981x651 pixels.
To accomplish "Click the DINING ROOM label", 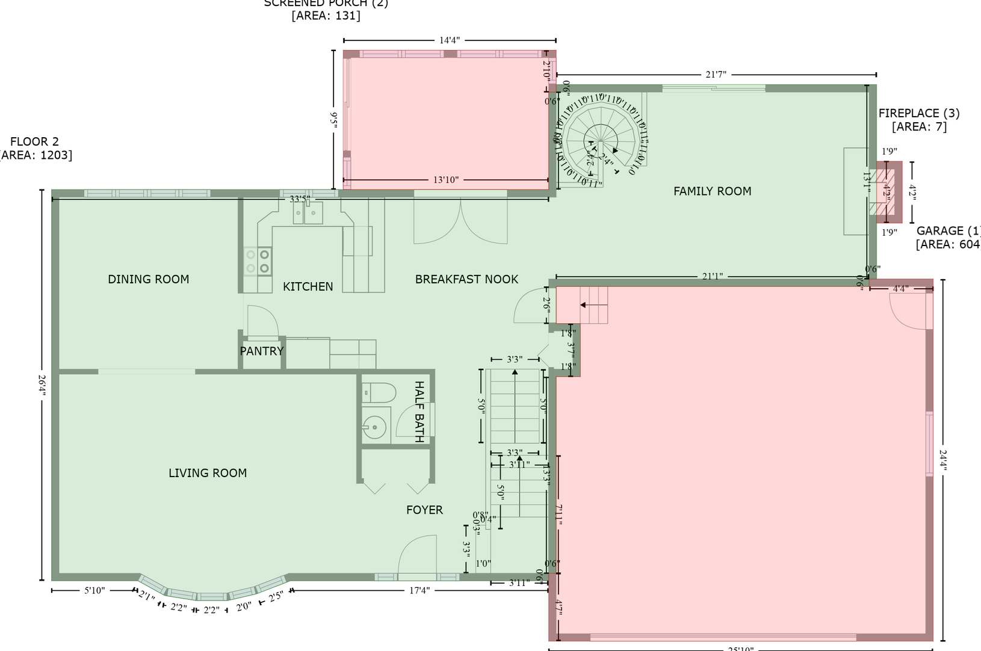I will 148,279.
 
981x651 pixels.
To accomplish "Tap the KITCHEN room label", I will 308,287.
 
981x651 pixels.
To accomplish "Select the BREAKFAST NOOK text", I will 466,279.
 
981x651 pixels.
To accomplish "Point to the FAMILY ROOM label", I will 712,191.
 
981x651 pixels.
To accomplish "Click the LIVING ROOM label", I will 208,473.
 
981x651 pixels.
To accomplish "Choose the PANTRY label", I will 261,351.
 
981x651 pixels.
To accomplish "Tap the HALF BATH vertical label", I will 419,412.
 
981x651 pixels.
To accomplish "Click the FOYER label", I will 424,510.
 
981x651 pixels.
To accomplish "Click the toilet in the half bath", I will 379,393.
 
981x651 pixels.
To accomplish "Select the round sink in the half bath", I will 375,428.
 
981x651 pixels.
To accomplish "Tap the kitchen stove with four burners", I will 258,261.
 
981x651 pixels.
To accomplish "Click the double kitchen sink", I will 308,213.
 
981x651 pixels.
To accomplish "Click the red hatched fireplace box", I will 888,192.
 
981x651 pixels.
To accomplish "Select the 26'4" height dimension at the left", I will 42,385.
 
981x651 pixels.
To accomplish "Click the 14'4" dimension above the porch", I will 449,40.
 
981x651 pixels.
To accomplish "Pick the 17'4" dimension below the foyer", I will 419,591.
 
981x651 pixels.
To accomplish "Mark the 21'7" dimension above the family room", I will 716,75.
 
